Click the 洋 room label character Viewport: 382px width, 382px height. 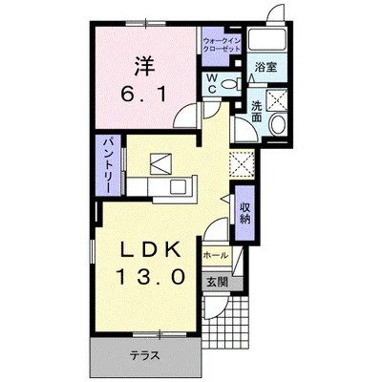(144, 66)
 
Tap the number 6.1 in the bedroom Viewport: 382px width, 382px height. (143, 95)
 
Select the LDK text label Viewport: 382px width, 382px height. (150, 251)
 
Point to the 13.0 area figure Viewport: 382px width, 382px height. (152, 277)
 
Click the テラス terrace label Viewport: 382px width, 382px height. (145, 355)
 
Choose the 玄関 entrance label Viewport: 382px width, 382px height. (218, 283)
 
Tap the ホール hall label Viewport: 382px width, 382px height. (216, 255)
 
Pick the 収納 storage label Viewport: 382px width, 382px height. (245, 213)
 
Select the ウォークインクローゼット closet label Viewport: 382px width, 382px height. (222, 45)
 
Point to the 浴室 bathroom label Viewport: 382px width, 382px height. (265, 67)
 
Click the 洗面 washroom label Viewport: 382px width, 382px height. (256, 112)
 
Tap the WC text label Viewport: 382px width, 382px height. (212, 84)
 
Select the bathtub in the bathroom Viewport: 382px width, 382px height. (267, 39)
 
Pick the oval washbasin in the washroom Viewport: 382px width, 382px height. (278, 123)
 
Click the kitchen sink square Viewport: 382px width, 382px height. (180, 186)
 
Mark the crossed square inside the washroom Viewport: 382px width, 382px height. (276, 99)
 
